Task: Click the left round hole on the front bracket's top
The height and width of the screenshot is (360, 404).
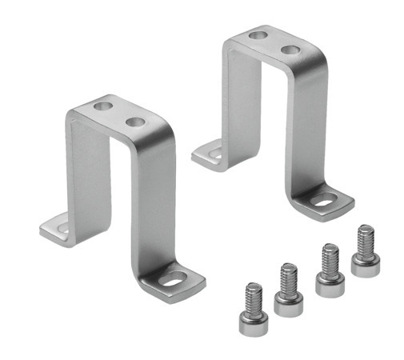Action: pos(102,106)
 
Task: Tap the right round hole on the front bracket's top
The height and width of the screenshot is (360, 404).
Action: pos(134,122)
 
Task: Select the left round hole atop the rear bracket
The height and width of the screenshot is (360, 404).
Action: pos(257,35)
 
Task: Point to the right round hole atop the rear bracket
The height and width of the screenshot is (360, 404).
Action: pos(290,50)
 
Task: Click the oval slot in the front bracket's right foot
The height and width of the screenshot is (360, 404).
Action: pos(173,280)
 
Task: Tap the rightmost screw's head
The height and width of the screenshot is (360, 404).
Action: pos(365,265)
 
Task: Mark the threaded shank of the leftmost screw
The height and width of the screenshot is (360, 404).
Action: pos(253,297)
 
